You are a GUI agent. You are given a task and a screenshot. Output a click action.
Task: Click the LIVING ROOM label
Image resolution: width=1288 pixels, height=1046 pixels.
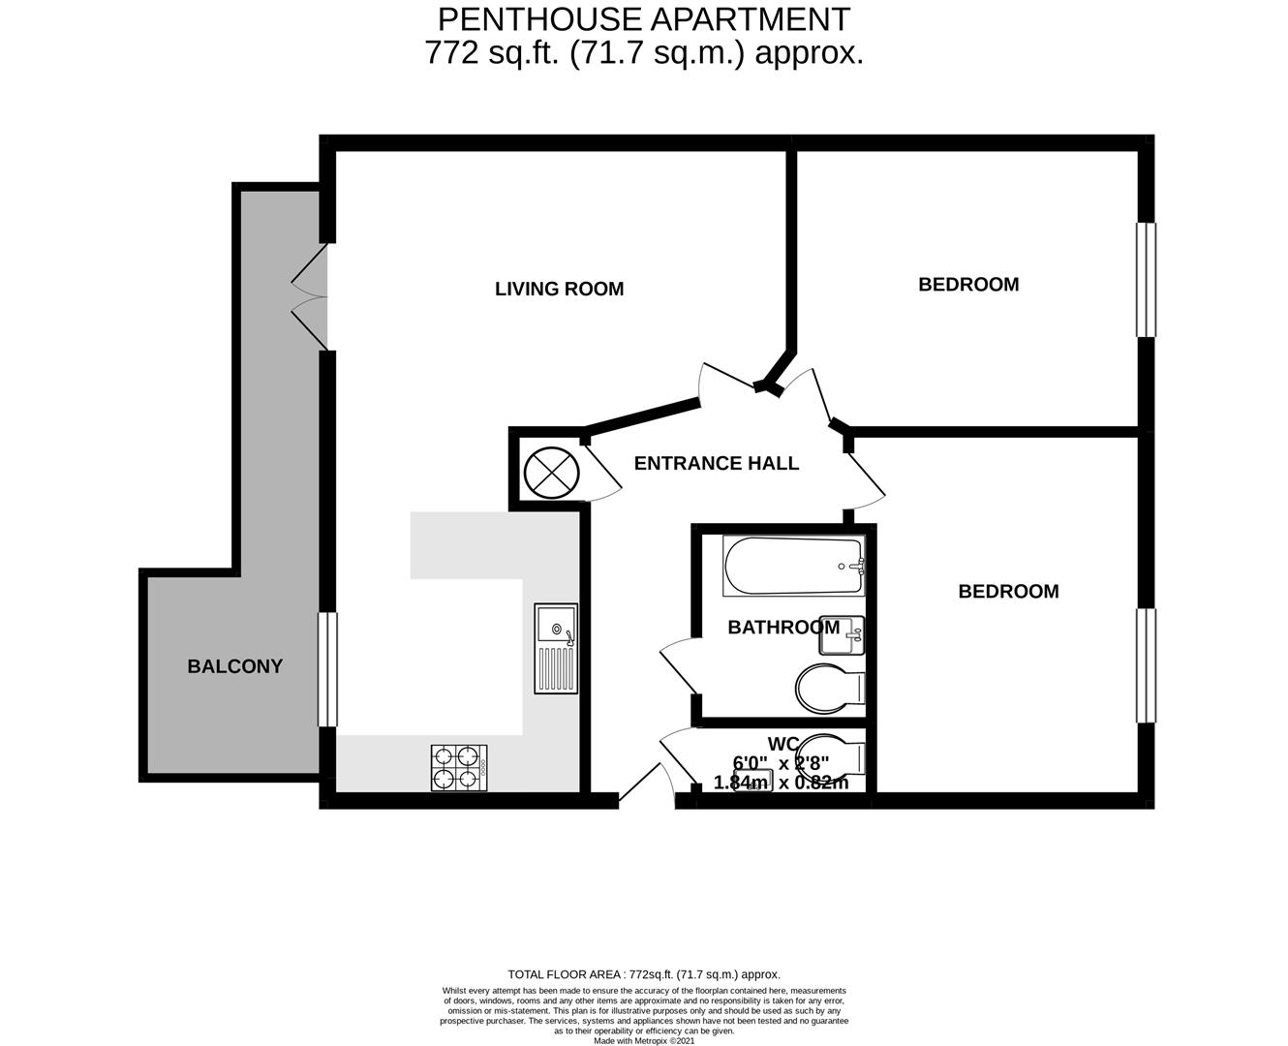click(559, 289)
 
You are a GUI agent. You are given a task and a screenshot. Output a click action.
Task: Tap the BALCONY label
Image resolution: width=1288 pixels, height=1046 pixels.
click(234, 666)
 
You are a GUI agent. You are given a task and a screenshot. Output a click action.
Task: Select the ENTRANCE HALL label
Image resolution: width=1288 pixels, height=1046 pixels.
click(716, 464)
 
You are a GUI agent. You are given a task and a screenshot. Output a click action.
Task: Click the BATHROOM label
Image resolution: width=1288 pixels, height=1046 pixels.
click(782, 628)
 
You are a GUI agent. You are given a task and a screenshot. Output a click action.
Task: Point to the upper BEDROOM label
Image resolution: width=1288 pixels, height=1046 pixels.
click(968, 285)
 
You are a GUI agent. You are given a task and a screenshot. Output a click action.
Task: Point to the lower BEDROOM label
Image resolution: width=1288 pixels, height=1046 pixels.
click(1008, 592)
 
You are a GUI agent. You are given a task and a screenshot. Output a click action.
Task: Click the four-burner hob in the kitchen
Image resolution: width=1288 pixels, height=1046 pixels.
click(459, 768)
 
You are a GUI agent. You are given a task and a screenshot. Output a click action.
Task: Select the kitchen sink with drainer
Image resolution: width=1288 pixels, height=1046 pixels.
click(556, 648)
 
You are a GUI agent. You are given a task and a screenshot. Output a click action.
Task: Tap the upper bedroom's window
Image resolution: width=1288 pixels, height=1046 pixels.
click(1146, 280)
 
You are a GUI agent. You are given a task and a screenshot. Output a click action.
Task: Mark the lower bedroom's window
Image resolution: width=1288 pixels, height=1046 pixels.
click(1146, 664)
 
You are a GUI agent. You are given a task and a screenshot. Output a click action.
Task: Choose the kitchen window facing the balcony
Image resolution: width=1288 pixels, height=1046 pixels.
click(328, 669)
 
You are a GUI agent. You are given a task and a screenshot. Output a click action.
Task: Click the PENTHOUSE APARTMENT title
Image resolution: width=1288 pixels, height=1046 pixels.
click(644, 18)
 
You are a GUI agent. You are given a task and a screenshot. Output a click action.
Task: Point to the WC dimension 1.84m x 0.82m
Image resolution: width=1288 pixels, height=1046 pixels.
click(781, 783)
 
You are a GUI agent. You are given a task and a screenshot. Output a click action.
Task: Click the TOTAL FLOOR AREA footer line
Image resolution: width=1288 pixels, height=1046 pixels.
click(644, 974)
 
